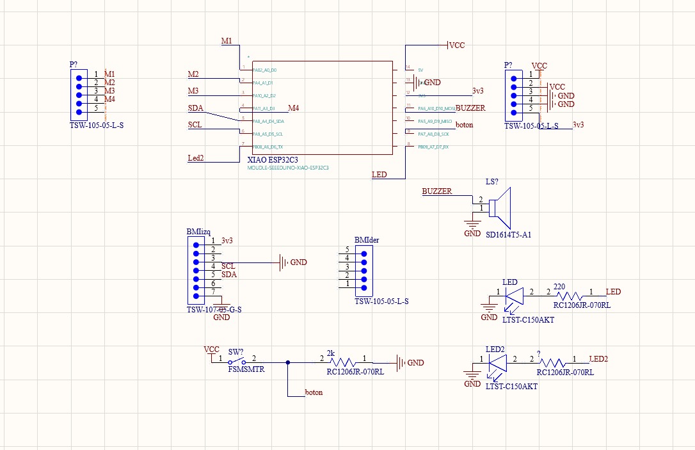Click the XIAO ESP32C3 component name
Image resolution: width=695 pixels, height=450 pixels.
tap(273, 159)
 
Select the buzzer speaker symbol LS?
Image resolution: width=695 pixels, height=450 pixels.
tap(497, 207)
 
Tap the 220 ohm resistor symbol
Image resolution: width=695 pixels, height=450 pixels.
tap(570, 296)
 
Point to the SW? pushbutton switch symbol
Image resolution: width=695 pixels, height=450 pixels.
tap(239, 362)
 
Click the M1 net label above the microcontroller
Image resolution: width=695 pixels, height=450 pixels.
tap(227, 41)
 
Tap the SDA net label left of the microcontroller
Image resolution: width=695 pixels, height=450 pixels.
tap(195, 108)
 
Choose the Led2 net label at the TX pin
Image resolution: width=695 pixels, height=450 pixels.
tap(196, 158)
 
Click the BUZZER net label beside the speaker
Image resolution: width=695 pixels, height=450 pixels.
tap(436, 191)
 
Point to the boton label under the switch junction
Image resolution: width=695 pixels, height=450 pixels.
tap(314, 392)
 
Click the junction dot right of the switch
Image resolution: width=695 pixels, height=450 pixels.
tap(288, 362)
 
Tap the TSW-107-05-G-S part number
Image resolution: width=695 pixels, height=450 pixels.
tap(214, 310)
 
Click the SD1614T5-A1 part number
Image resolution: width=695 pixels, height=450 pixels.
tap(509, 235)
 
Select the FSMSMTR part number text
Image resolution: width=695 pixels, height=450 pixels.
tap(246, 370)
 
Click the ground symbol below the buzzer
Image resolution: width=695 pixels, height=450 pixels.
tap(472, 224)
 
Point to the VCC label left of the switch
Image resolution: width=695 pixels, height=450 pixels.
tap(211, 350)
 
